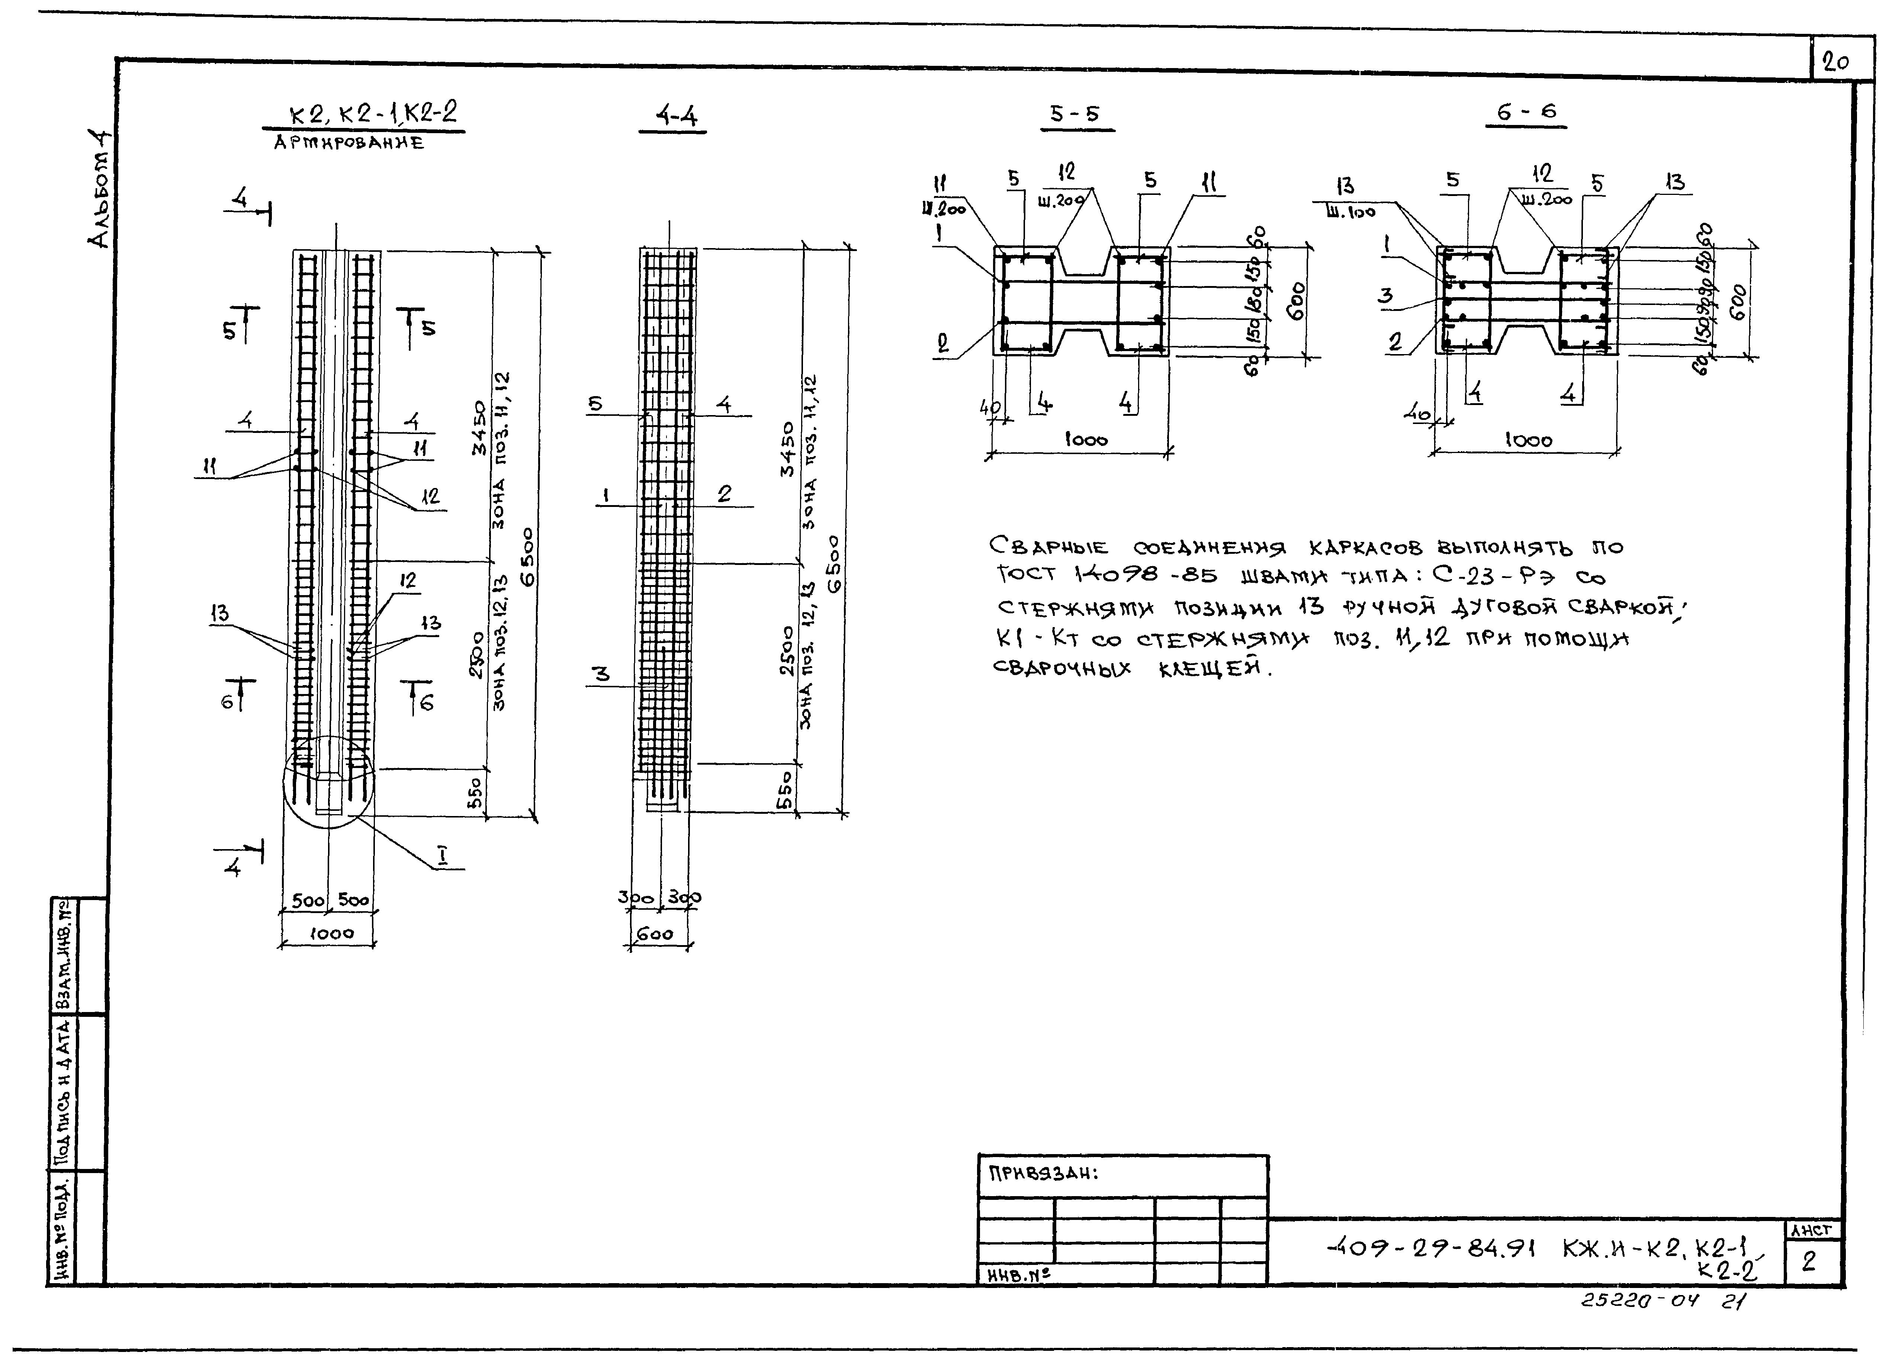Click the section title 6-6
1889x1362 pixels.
(1526, 112)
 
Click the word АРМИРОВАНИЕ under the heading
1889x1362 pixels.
(349, 143)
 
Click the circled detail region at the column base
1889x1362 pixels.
(329, 781)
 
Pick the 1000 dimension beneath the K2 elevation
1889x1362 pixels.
(331, 934)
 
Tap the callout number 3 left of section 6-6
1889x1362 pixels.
(1385, 296)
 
